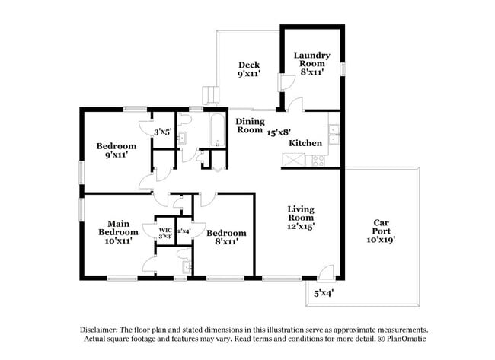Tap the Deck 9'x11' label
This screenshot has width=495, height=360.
pos(249,69)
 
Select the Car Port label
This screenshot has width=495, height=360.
pos(381,231)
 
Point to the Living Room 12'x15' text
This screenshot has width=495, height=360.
pos(301,218)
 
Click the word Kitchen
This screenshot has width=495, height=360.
pos(305,143)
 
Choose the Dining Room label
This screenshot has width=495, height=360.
pos(250,126)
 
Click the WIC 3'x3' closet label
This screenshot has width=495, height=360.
pos(165,233)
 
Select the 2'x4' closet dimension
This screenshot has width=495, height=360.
pos(184,231)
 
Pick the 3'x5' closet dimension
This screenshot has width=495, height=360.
pos(163,132)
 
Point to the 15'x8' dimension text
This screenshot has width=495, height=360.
pos(279,132)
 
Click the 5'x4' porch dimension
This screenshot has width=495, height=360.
pos(324,293)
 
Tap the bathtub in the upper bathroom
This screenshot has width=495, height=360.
pos(217,131)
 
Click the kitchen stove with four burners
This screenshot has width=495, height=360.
pos(318,161)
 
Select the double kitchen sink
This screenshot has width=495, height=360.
pos(334,135)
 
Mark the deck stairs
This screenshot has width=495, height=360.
pos(210,95)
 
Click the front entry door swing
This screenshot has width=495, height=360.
pos(326,272)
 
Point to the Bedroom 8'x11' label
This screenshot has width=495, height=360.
pos(226,237)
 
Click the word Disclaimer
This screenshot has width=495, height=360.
pos(99,330)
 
